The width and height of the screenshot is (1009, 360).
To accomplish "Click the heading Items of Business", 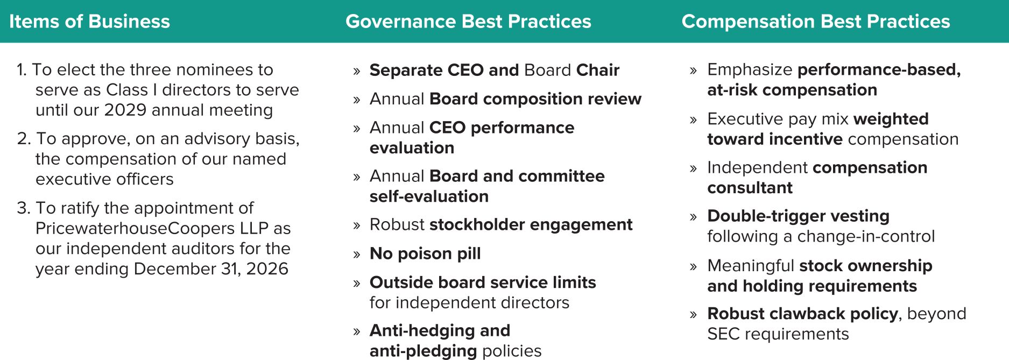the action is (89, 22).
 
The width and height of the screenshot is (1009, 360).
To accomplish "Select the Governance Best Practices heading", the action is (468, 22).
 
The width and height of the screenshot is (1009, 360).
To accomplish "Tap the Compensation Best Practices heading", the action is (816, 22).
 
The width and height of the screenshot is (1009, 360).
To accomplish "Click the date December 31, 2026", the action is (211, 269).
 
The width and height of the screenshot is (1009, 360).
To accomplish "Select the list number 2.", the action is (24, 139).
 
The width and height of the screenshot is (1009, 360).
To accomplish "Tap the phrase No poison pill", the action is (425, 253).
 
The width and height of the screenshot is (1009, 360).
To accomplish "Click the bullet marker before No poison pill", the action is (356, 255).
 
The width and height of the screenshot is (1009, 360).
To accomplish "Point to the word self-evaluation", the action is (429, 196).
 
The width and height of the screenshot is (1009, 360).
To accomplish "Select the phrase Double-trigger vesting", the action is (798, 216).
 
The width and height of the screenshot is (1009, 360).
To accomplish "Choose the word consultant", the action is (750, 188).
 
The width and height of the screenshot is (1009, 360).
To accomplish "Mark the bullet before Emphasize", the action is (693, 71).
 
